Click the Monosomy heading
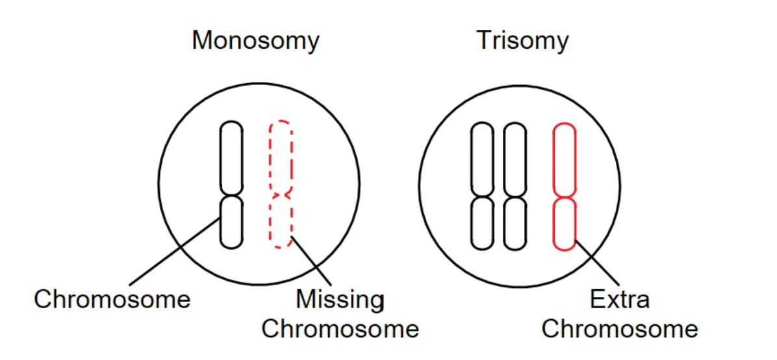(x=256, y=41)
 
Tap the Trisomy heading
(x=522, y=41)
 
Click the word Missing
(x=340, y=300)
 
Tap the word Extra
(x=619, y=300)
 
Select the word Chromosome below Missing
(x=340, y=329)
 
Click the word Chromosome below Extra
(x=619, y=329)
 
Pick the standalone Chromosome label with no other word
(x=112, y=300)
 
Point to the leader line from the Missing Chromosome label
(x=311, y=261)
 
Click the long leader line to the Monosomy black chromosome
(x=174, y=251)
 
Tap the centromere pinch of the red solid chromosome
(x=565, y=198)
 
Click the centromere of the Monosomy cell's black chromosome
(x=231, y=196)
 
